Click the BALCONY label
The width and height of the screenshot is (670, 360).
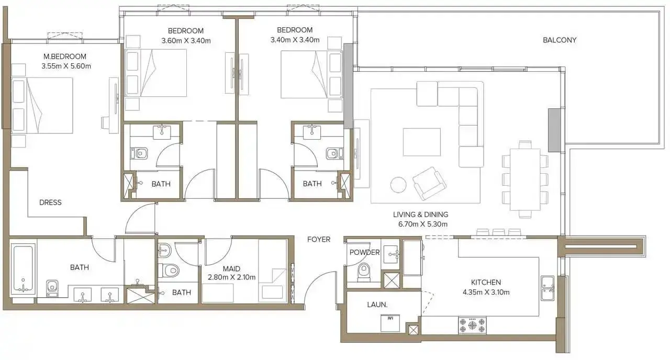560,40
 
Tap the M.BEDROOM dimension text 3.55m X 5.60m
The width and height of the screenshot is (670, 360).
66,66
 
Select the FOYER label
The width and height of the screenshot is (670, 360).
319,239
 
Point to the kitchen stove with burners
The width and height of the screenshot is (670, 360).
472,325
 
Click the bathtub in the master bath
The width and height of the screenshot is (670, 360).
23,268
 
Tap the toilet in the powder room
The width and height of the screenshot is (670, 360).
364,272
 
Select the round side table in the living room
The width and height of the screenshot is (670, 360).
398,185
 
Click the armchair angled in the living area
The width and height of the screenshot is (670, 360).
429,183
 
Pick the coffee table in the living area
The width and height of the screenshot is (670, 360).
421,142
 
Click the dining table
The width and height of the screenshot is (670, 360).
525,179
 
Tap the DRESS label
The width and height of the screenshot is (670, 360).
50,203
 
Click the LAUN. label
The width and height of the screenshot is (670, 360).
377,305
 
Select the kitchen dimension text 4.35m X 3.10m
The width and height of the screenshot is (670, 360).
486,292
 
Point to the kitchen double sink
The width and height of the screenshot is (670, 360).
548,288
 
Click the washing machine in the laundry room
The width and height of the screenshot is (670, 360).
390,323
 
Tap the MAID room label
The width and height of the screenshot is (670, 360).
231,269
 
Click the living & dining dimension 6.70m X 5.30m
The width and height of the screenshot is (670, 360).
422,224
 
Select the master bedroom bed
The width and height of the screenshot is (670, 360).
42,106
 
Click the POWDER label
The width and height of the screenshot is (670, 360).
364,252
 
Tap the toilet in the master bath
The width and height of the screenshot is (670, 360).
52,288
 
